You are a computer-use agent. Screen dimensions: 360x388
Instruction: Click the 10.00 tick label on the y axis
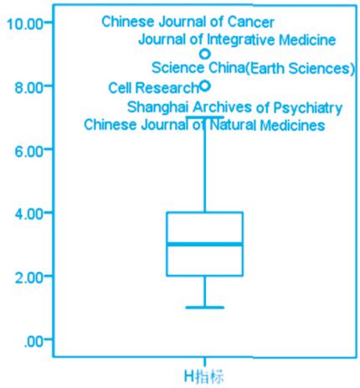pos(25,23)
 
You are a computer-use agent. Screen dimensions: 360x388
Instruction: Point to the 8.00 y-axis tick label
pos(29,87)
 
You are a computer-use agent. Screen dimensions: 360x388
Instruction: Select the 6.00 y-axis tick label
pos(29,151)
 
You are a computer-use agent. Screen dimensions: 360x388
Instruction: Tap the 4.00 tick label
pos(29,215)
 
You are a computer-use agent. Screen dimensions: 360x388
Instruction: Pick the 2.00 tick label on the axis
pos(29,278)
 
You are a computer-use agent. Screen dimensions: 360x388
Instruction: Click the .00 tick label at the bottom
pos(33,341)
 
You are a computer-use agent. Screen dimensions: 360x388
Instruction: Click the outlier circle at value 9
pos(205,54)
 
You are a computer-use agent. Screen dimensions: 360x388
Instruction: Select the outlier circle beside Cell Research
pos(205,85)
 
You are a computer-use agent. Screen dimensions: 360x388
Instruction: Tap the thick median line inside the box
pos(204,245)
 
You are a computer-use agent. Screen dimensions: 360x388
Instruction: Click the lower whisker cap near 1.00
pos(204,308)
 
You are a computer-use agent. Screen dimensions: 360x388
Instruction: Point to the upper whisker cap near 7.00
pos(204,116)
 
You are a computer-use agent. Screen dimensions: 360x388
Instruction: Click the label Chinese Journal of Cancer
pos(188,22)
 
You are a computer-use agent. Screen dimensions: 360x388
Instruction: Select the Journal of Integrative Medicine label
pos(237,39)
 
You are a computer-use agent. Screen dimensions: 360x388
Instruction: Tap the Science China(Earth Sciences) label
pos(253,68)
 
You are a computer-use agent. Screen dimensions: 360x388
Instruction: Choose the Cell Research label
pos(153,88)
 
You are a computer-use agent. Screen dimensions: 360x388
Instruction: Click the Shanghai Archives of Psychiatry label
pos(234,107)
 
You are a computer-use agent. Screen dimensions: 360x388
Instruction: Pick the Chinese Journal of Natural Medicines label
pos(204,125)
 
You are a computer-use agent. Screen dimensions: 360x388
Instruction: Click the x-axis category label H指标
pos(204,376)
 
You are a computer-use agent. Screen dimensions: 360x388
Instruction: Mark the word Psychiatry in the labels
pos(307,108)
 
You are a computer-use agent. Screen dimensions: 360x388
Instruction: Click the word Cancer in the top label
pos(251,22)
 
